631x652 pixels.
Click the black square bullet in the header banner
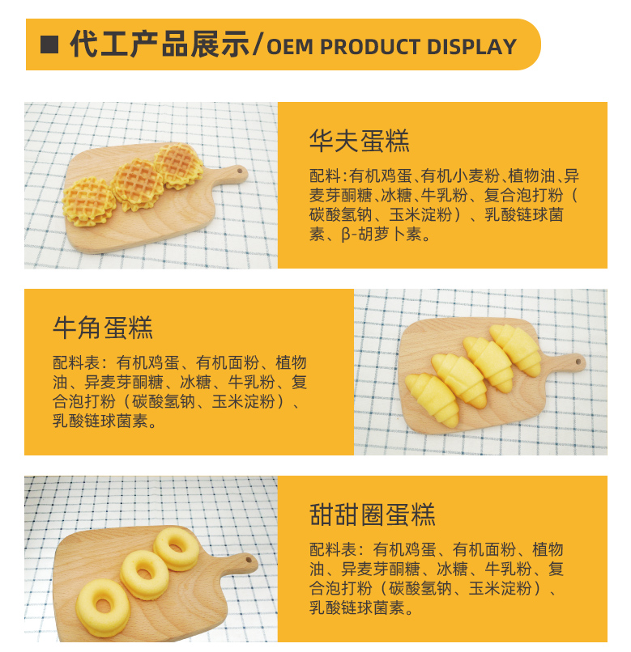[49, 44]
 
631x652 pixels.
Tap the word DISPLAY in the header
[471, 47]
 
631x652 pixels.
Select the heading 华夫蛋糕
[360, 141]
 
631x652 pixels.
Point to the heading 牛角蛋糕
[103, 328]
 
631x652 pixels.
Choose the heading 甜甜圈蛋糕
[372, 514]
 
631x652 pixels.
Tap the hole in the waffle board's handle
[240, 171]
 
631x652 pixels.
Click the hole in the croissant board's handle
[578, 362]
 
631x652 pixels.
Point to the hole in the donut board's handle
[249, 560]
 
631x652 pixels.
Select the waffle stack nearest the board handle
[179, 165]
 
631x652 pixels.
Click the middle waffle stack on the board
[138, 184]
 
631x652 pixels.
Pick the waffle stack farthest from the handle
[89, 201]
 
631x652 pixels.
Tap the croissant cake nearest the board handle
[516, 349]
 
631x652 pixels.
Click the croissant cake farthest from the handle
[433, 399]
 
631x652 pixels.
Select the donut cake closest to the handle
[177, 548]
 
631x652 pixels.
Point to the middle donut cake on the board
[144, 574]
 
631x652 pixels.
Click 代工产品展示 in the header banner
[160, 44]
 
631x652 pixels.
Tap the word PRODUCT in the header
[370, 47]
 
